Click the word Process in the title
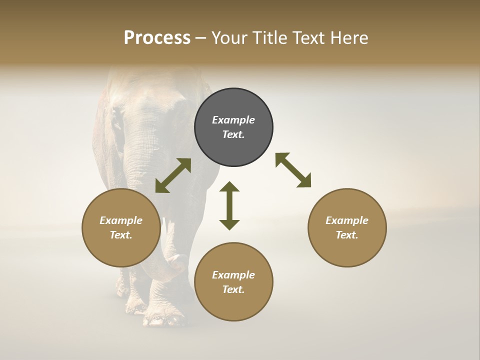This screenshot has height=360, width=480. coord(157,37)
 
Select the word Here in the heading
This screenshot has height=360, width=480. coord(348,37)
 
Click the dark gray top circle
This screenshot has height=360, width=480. coord(233,127)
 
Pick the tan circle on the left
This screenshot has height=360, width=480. coord(121,227)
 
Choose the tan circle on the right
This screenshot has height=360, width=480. coord(347,227)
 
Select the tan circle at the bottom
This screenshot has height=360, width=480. coord(233,282)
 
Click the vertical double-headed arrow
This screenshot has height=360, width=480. coord(229,205)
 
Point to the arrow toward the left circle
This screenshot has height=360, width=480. coord(173,175)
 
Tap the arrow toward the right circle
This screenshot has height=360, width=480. coord(293,170)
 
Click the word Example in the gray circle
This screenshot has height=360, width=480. coord(233,120)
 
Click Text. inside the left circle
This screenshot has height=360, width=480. coord(121,235)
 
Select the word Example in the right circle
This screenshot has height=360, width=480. coord(347,220)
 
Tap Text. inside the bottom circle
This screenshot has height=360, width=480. coord(233,289)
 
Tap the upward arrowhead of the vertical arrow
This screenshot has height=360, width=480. coord(229,186)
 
